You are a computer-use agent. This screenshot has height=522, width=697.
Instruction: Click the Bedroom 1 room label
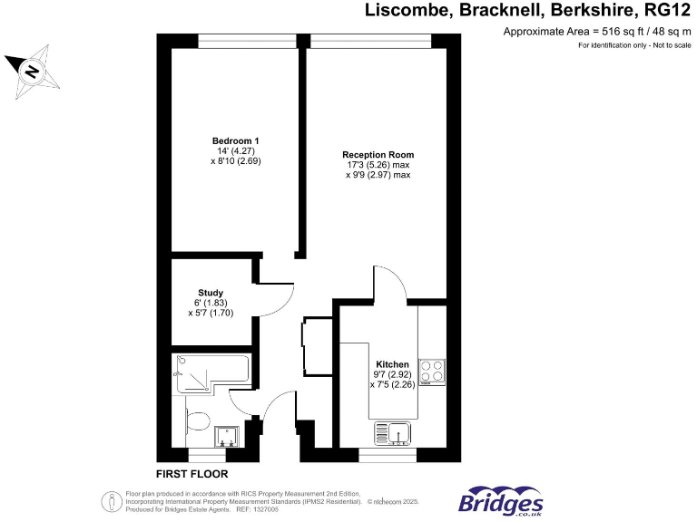tap(236, 140)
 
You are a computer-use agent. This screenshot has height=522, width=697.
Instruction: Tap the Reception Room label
tap(378, 155)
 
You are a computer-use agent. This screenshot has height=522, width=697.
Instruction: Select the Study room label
tap(211, 293)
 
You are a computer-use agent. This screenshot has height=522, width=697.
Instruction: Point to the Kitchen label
tap(392, 363)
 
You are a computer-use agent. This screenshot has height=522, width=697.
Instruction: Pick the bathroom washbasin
tap(226, 438)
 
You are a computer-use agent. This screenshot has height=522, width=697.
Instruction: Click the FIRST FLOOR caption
tap(191, 474)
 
